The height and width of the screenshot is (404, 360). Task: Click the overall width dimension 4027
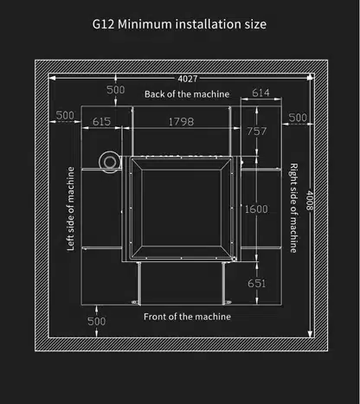point(188,79)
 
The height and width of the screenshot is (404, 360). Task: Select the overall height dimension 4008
point(310,200)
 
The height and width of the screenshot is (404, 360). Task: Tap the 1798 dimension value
point(181,122)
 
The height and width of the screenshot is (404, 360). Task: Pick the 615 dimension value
point(101,121)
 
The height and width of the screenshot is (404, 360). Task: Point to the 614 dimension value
point(260,93)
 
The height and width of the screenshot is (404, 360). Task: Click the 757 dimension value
point(256,131)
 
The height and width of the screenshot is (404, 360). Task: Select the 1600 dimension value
point(256,209)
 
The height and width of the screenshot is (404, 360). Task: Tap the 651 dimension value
point(256,283)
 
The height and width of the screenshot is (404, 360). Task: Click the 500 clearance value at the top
point(116,90)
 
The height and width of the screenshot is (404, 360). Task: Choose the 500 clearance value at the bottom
point(97,321)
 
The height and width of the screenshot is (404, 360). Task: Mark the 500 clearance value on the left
point(65,115)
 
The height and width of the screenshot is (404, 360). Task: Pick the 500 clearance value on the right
point(298,118)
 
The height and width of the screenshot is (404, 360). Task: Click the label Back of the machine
point(187,94)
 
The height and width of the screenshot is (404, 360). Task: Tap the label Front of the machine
point(187,317)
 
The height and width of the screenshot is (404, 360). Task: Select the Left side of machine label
point(71,208)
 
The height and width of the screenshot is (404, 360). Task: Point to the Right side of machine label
point(293,208)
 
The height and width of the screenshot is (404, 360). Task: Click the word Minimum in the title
point(145,24)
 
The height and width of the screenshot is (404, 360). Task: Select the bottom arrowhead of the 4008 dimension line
point(310,334)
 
